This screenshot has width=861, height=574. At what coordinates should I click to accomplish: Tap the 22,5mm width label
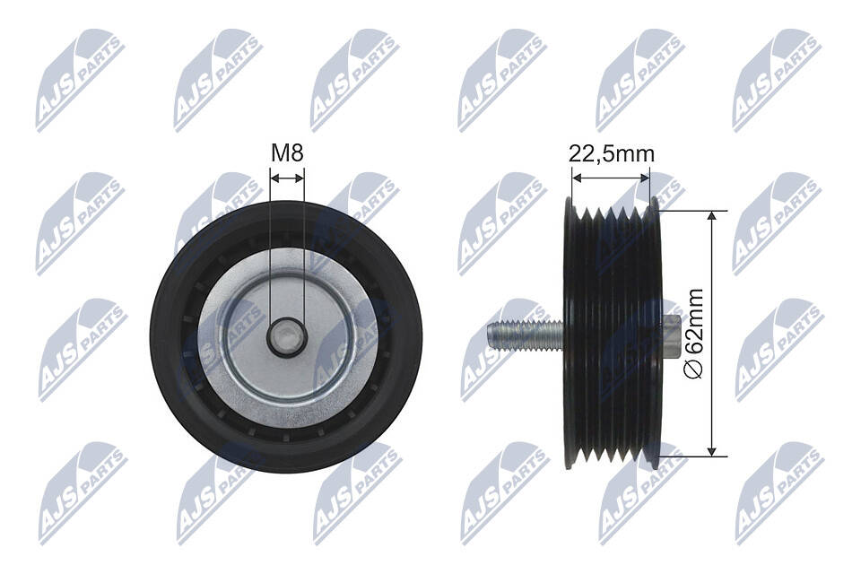(612, 153)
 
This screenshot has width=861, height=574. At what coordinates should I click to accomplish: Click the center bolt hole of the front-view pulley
(287, 336)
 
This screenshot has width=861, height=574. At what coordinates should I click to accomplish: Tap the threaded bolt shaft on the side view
(526, 336)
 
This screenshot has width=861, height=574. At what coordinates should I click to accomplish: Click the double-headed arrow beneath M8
(287, 178)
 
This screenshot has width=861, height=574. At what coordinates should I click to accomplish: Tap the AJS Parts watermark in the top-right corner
(776, 80)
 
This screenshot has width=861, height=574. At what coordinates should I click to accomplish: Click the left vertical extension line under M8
(270, 251)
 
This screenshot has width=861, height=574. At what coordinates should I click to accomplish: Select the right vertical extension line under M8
(305, 251)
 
